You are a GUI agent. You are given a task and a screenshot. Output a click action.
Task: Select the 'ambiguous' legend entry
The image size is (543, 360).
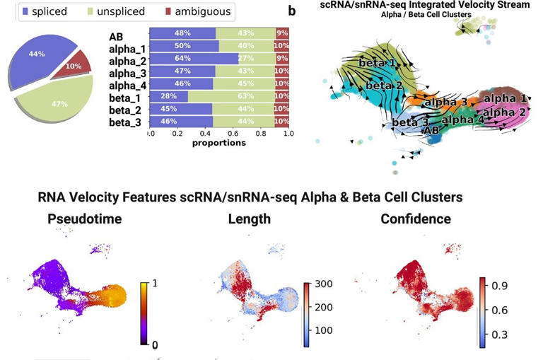(202, 11)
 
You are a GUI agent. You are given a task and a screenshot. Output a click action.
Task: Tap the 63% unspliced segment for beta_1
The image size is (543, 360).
(233, 96)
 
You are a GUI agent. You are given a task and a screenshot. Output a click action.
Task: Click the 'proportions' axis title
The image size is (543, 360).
(218, 142)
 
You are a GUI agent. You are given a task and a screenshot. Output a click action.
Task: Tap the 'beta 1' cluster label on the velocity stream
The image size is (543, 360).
(377, 63)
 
